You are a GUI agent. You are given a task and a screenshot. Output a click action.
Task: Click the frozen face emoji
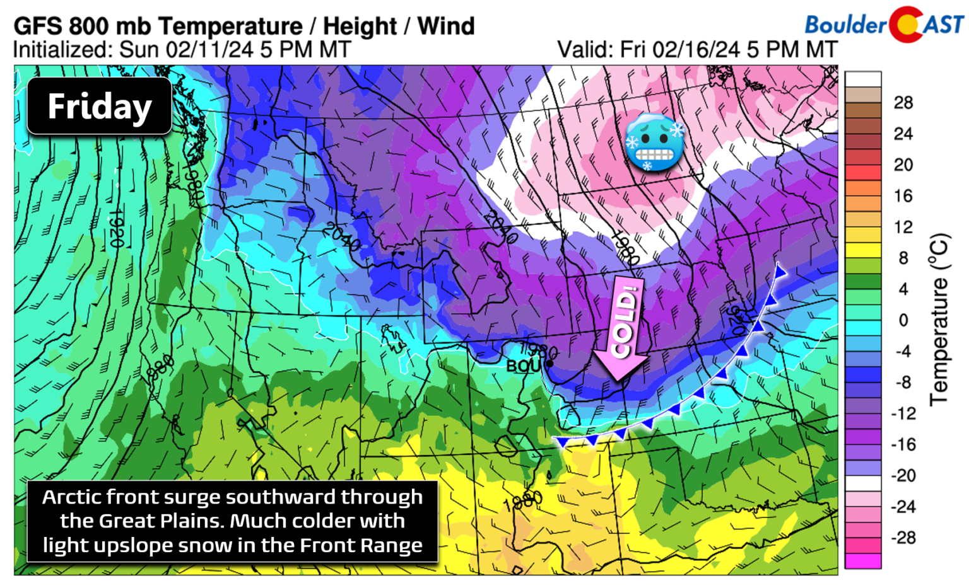point(654,142)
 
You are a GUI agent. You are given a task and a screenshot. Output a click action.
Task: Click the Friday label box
point(99,106)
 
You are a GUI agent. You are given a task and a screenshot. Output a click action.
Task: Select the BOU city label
point(523,366)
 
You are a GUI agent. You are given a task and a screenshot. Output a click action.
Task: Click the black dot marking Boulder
point(549,364)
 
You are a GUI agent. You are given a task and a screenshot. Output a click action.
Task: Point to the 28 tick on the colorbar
point(903,103)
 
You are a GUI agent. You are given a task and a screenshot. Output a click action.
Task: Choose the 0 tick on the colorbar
point(903,320)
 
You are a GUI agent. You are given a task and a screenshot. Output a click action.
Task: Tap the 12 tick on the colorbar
point(903,227)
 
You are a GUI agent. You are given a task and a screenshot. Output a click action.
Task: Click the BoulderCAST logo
point(883,24)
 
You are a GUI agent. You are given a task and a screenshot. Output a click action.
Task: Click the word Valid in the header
point(584,49)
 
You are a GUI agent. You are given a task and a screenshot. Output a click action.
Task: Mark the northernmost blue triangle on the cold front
point(780,271)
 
